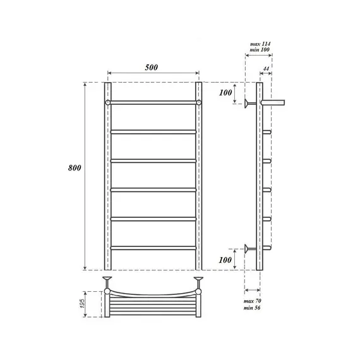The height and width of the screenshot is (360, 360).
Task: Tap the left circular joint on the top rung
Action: (x=109, y=102)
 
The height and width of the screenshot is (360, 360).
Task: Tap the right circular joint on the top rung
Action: (x=199, y=102)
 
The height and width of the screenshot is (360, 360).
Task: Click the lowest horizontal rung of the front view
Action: (x=153, y=247)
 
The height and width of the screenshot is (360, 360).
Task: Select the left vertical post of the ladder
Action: (x=108, y=177)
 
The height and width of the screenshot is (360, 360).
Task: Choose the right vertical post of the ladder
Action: (x=199, y=177)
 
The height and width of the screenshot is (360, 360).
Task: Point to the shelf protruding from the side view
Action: (x=275, y=101)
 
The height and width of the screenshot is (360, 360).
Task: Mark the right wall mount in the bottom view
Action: (x=199, y=281)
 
